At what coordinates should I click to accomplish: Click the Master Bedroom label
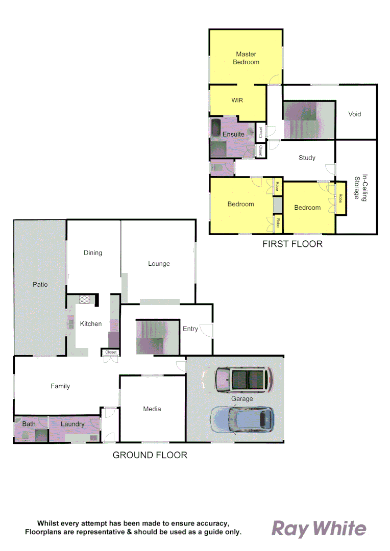(246, 58)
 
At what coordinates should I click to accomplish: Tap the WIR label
(237, 101)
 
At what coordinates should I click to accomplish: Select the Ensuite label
(233, 134)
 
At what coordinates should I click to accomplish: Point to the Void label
(355, 114)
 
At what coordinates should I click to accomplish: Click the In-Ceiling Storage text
(361, 187)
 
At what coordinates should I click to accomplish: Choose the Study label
(307, 158)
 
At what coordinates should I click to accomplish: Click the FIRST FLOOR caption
(292, 244)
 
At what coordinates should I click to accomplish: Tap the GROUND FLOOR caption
(150, 455)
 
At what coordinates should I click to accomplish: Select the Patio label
(40, 284)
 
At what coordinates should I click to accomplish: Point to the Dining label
(93, 253)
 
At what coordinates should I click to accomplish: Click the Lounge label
(159, 264)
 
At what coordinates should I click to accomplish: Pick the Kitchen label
(91, 324)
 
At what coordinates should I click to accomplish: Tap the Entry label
(190, 329)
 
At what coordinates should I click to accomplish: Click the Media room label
(152, 409)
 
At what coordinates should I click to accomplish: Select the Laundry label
(72, 424)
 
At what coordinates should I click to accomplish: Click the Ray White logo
(319, 528)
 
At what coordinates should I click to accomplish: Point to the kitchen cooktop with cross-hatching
(85, 300)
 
